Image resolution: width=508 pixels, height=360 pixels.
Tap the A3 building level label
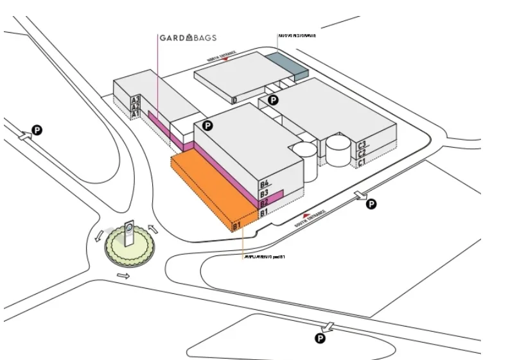point(136,100)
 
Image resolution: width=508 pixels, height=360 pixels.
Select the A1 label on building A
point(136,114)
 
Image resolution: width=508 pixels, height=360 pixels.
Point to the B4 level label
point(264,184)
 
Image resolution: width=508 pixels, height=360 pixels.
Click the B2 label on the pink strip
point(263,203)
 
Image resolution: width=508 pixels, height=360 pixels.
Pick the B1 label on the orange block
point(236,226)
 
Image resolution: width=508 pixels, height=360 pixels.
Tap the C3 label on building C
point(362,145)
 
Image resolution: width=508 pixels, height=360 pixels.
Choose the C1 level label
point(362,162)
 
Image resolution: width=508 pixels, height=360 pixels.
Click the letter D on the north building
point(235,100)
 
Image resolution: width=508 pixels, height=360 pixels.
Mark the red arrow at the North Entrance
point(225,59)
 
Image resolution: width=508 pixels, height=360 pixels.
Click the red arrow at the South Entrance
point(306,216)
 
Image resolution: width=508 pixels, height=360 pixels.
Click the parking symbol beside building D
point(274,100)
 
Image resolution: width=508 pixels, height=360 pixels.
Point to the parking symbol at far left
point(38,131)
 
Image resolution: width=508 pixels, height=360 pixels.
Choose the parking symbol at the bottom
point(320,338)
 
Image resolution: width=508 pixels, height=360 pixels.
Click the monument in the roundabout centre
point(129,236)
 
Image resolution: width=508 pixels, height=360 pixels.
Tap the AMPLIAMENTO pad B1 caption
point(263,257)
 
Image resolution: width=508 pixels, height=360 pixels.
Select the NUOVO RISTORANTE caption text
point(297,36)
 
